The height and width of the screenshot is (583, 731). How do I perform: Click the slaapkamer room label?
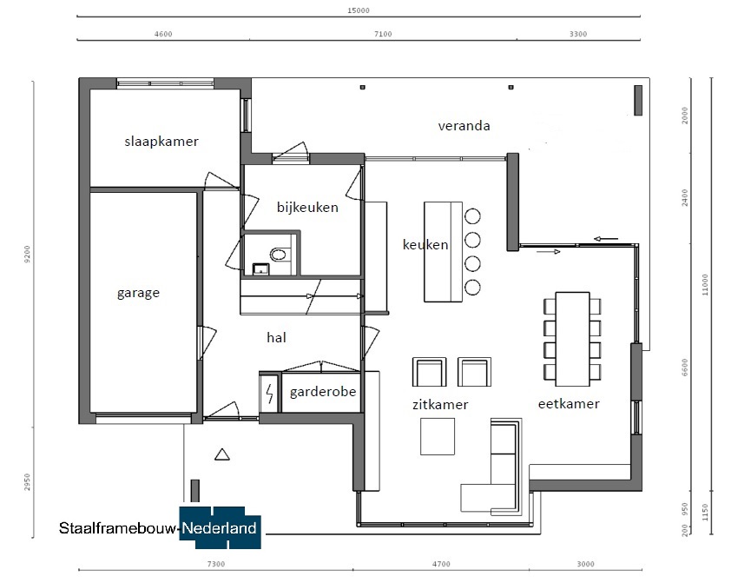(161, 142)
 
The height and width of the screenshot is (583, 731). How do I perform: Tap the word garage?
(138, 293)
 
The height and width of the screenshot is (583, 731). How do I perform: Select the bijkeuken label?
(307, 207)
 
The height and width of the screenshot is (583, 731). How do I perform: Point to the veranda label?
(464, 126)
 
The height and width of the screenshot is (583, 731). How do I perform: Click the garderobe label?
(323, 392)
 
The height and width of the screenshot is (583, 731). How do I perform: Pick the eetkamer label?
(569, 403)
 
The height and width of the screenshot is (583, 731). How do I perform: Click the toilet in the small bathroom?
(279, 255)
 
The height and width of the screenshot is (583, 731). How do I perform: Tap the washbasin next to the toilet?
(260, 269)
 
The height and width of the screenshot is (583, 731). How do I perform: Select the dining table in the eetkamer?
(572, 339)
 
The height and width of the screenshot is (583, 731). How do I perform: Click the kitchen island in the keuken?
(443, 252)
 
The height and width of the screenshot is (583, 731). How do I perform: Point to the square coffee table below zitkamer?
(438, 436)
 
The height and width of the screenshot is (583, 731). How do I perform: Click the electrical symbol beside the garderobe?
(269, 394)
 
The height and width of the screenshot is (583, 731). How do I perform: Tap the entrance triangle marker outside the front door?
(222, 454)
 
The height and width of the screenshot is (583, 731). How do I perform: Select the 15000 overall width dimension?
(359, 10)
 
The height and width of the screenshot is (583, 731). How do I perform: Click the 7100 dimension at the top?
(383, 34)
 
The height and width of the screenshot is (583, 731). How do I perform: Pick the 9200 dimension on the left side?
(27, 255)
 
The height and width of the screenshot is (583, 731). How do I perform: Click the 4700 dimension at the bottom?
(441, 564)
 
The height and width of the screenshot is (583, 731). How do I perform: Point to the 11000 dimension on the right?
(705, 284)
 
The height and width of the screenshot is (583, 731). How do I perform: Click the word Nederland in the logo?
(219, 528)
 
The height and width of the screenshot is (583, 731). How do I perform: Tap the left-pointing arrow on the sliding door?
(606, 239)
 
